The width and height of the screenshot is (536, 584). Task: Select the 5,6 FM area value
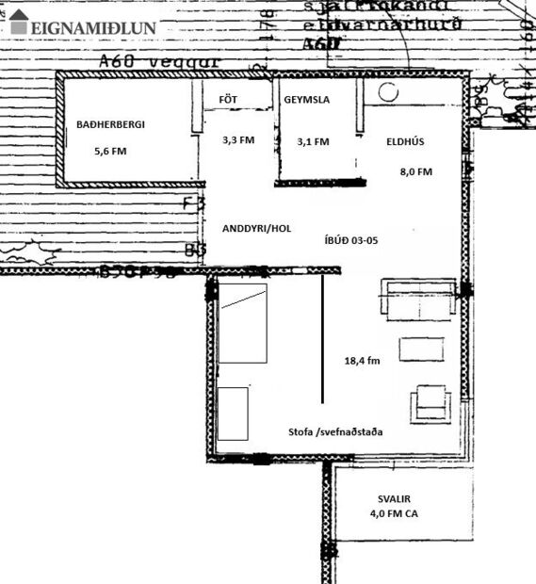coord(110,151)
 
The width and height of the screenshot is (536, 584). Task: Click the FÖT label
coord(227,100)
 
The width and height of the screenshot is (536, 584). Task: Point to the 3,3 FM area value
coord(237,139)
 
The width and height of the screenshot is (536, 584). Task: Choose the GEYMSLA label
coord(306,100)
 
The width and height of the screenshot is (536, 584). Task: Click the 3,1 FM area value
coord(313,141)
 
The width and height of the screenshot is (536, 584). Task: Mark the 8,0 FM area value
coord(415,171)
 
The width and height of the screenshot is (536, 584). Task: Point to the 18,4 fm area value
coord(364,360)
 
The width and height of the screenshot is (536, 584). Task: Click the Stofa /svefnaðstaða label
coord(335,430)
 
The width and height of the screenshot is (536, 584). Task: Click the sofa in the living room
coord(418,297)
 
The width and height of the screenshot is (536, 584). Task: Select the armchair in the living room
coord(430,405)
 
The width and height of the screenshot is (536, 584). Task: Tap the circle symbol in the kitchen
coord(387,93)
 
